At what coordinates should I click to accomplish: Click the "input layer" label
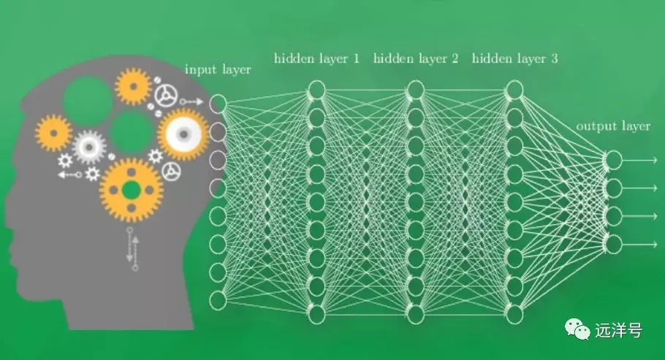point(218,70)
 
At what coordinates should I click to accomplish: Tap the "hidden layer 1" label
point(316,58)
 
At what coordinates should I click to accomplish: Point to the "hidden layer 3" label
point(515,58)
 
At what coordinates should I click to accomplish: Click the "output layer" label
point(613,126)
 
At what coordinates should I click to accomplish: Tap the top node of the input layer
point(218,104)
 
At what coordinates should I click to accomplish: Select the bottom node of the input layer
point(218,300)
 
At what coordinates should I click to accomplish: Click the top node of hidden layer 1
point(316,90)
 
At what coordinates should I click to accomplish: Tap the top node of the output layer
point(613,160)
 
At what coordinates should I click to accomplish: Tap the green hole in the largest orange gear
point(131,191)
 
